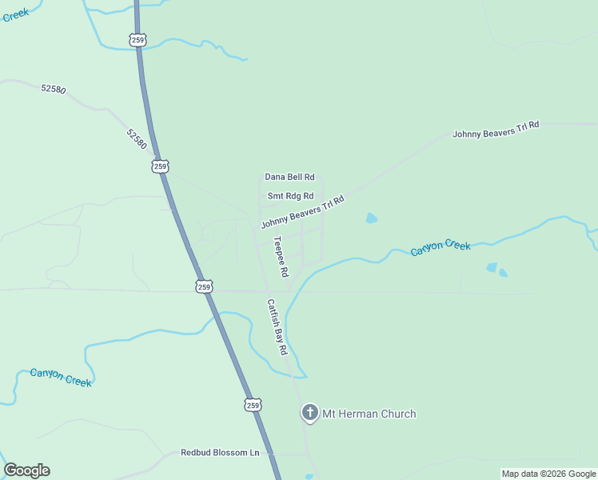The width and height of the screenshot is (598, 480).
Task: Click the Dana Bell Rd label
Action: coord(290,177)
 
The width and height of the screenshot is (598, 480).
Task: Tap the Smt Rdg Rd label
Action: coord(290,196)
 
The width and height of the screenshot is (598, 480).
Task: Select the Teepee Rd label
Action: coord(281,256)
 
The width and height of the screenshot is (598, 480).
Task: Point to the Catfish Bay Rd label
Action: coord(277,327)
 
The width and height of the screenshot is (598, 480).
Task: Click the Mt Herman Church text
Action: coord(369,414)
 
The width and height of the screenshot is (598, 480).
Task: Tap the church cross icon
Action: coord(309,413)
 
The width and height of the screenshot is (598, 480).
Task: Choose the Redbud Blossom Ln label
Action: coord(220,453)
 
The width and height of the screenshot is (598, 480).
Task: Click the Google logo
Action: coord(26,470)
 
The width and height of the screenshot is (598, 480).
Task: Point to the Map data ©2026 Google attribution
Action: coord(549,474)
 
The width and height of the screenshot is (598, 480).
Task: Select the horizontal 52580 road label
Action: coord(53,89)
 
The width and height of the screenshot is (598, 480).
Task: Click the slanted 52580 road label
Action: coord(137,138)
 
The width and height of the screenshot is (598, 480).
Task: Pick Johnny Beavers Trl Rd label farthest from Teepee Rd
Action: coord(496,130)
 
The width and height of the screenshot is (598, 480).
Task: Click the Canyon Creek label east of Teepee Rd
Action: coord(441,248)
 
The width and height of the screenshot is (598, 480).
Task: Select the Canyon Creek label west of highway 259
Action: coord(61,377)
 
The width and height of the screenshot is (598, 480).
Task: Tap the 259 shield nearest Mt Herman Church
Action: coord(253,406)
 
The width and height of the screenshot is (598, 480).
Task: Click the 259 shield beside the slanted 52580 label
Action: coord(161,166)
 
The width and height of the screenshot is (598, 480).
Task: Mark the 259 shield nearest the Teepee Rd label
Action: coord(204,286)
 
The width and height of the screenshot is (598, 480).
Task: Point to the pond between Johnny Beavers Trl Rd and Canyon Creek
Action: coord(371,218)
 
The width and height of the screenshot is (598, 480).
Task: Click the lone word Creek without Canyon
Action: coord(15,14)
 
